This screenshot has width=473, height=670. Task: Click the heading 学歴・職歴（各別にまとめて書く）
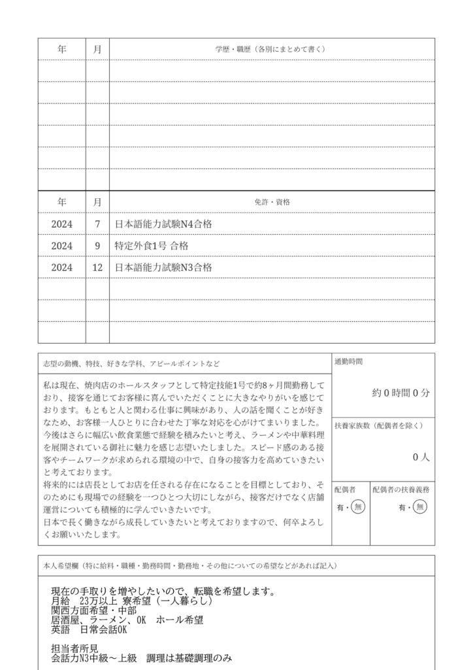tap(271, 49)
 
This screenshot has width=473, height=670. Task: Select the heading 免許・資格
tap(271, 202)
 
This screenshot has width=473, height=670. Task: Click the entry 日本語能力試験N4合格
tap(163, 224)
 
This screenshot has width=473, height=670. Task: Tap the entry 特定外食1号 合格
tap(151, 246)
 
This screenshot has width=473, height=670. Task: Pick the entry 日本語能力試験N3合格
tap(163, 268)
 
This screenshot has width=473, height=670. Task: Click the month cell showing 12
tap(97, 268)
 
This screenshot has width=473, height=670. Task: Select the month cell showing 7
tap(97, 224)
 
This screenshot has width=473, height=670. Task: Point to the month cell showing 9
tap(97, 246)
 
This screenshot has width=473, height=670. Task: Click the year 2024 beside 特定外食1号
tap(61, 246)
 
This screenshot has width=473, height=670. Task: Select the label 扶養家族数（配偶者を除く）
tap(378, 425)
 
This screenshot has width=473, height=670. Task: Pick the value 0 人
tap(421, 458)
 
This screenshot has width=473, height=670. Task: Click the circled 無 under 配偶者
tap(357, 506)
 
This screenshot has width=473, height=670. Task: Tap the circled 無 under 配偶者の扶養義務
tap(420, 506)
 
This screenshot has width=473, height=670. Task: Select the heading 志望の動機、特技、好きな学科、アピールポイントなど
tap(131, 362)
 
